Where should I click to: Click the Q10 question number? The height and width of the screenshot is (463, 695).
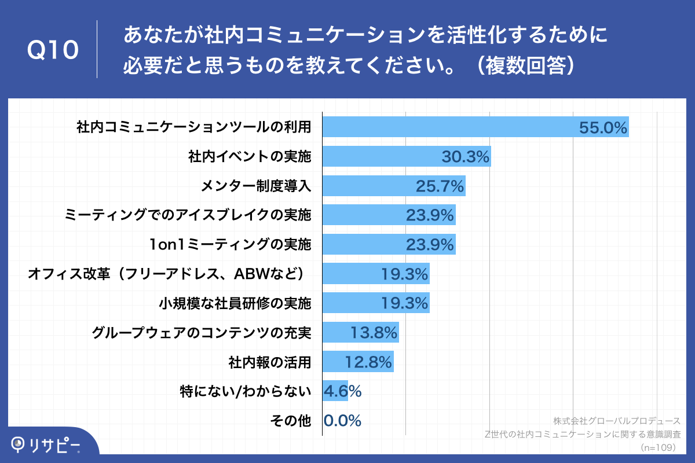[x=53, y=50]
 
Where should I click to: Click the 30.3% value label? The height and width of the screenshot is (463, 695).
[x=466, y=157]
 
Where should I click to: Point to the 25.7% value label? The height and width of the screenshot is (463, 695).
[x=440, y=186]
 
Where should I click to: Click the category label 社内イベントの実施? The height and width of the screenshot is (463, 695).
[x=250, y=157]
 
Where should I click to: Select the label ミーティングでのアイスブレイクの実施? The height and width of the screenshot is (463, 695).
[x=188, y=215]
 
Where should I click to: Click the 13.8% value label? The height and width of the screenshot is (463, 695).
[x=374, y=333]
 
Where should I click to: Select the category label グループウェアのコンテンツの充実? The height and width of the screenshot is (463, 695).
[x=202, y=333]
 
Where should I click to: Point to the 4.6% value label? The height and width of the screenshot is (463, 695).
[x=342, y=391]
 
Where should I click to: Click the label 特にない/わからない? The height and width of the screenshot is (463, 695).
[x=246, y=391]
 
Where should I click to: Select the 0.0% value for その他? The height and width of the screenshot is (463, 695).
[x=342, y=421]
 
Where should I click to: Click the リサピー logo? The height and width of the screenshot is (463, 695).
[x=46, y=444]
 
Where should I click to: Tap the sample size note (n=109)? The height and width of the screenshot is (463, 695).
[x=660, y=448]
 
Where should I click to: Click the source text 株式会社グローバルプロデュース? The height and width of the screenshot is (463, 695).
[x=617, y=421]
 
